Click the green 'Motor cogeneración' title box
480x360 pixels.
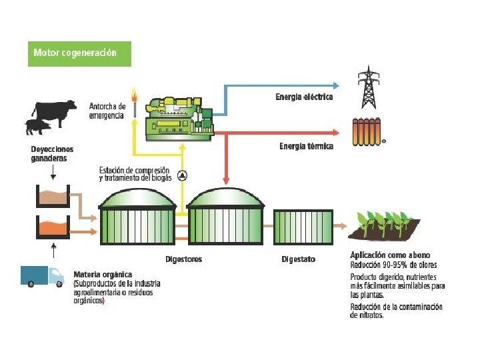click(x=79, y=54)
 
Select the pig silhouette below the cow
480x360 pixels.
click(x=38, y=127)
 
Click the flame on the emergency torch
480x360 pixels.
click(x=134, y=94)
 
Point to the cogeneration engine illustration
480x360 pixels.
click(x=179, y=119)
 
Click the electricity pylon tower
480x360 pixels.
click(x=369, y=87)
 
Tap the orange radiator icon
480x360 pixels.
click(x=367, y=131)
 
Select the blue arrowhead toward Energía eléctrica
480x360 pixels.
click(x=336, y=86)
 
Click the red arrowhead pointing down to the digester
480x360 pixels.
click(x=226, y=181)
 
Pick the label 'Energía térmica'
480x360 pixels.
click(x=307, y=146)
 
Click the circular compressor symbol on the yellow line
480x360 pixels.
click(x=183, y=175)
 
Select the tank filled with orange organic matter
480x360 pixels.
click(x=53, y=227)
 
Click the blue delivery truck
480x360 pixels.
click(x=42, y=277)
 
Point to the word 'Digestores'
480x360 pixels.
click(x=184, y=259)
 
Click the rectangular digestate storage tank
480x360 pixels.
click(x=303, y=227)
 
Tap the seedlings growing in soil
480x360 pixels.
click(x=384, y=225)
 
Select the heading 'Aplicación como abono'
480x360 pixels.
click(x=390, y=255)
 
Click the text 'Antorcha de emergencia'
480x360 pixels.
click(x=107, y=111)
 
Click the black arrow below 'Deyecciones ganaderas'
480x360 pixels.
click(x=53, y=172)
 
